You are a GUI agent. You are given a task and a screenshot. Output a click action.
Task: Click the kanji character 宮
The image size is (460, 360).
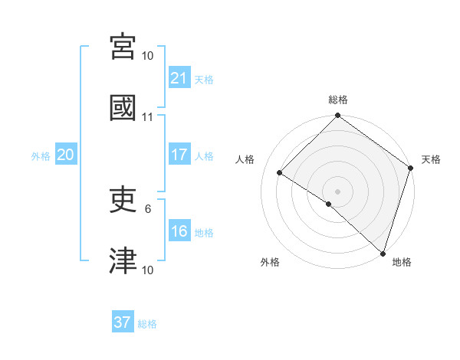point(124,48)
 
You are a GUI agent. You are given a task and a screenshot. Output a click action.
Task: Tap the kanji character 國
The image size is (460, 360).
point(124,108)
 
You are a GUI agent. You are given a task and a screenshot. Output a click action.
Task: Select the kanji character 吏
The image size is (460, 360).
point(124,201)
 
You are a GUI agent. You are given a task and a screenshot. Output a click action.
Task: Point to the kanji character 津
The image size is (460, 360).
point(124,261)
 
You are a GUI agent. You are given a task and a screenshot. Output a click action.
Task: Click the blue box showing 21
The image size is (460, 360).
point(179,77)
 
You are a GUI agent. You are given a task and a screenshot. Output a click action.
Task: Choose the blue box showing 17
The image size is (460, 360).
point(179,155)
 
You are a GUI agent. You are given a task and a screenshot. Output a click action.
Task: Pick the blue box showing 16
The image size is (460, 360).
point(179,231)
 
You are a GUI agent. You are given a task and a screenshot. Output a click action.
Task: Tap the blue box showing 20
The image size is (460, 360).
point(66,155)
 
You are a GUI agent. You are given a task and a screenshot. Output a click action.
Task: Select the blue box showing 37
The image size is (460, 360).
point(123,322)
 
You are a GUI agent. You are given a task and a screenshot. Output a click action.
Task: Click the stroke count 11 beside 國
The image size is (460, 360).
point(148,117)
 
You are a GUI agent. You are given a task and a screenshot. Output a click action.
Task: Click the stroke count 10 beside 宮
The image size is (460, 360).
point(148,56)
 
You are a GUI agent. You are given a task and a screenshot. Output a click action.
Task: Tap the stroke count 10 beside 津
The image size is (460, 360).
point(148,270)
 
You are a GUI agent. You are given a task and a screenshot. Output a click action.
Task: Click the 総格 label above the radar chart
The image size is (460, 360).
point(338,100)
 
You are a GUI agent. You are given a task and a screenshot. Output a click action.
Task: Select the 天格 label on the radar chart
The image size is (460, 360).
point(431,159)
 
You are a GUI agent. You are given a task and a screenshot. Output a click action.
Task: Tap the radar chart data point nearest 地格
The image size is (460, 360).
point(383,253)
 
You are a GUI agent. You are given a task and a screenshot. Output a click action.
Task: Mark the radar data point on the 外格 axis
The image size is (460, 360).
point(329,204)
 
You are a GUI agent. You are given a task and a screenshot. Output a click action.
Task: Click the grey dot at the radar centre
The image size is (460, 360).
point(338,191)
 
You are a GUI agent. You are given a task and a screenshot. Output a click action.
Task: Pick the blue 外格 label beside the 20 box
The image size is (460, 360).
point(41,155)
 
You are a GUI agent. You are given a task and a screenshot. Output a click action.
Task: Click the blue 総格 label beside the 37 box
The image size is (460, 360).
point(147,323)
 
